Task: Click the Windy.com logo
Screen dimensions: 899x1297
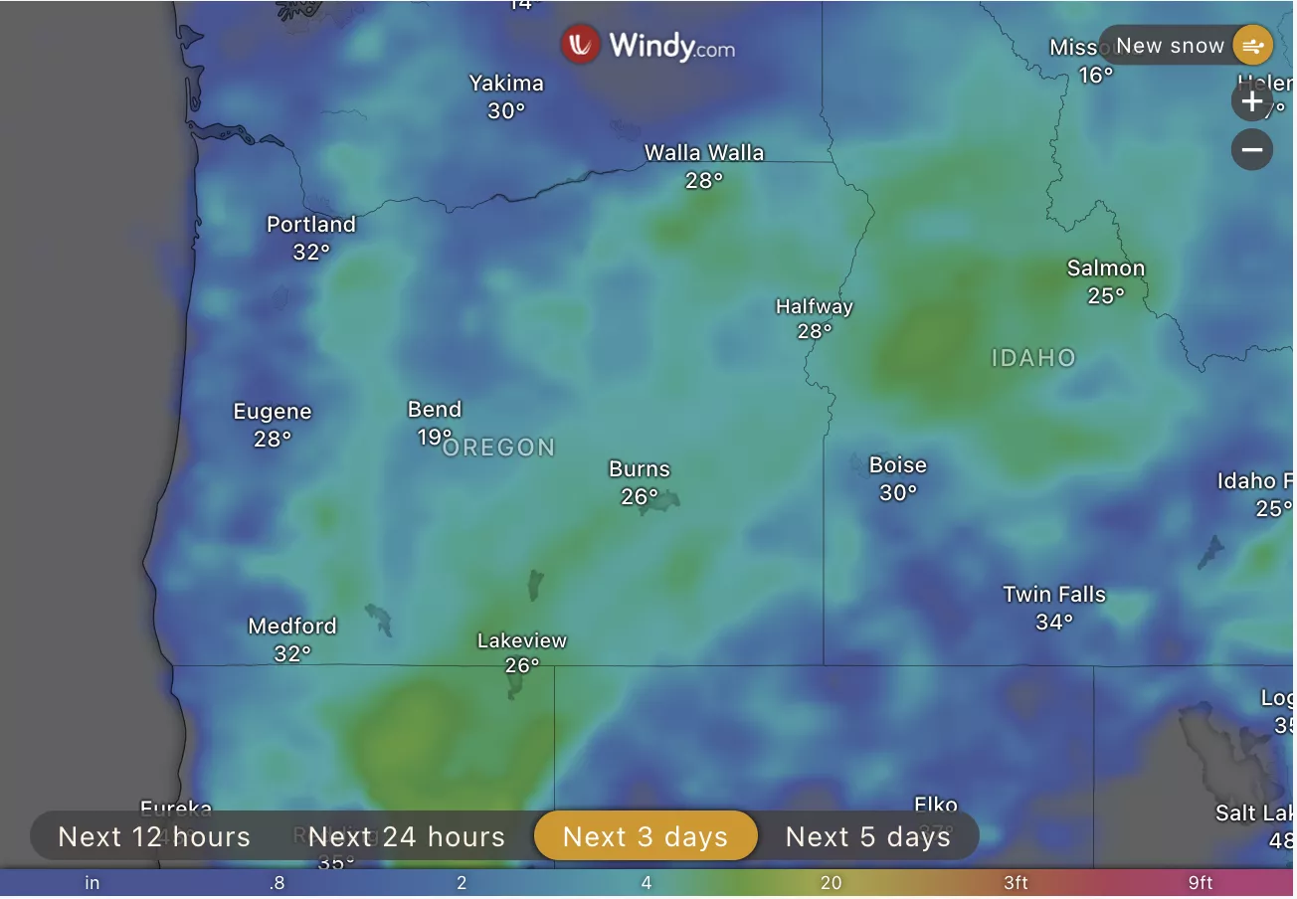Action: [x=648, y=45]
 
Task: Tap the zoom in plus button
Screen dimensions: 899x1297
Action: [x=1251, y=101]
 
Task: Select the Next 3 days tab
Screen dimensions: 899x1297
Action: [x=646, y=836]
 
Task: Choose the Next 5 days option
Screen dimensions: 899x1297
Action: [x=867, y=836]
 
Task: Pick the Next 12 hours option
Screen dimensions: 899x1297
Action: [x=154, y=836]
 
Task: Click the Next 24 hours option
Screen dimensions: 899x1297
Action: [x=407, y=836]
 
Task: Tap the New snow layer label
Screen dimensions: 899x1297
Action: [x=1170, y=46]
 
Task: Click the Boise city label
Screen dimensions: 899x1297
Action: [x=897, y=465]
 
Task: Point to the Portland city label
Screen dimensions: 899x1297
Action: [x=310, y=225]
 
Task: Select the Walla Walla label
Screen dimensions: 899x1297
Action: [x=704, y=153]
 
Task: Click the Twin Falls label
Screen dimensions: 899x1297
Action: [x=1054, y=595]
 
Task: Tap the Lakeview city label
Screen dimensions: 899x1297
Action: [x=521, y=641]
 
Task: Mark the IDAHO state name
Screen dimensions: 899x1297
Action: [x=1033, y=358]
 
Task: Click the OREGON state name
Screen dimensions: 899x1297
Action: [x=499, y=448]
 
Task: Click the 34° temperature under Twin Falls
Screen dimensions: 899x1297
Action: [x=1054, y=623]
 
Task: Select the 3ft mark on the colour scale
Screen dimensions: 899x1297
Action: [x=1015, y=883]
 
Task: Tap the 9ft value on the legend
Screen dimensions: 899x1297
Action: [x=1200, y=883]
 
